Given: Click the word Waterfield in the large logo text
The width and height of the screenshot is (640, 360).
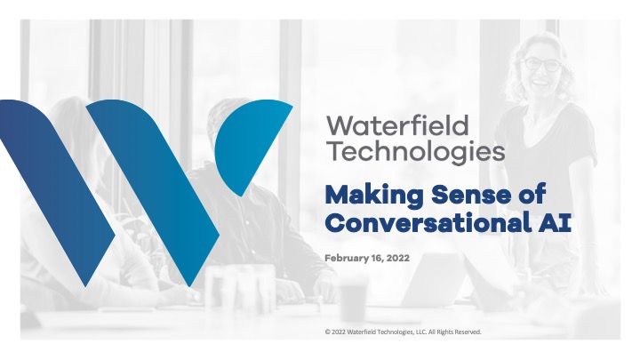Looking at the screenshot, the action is [x=397, y=125].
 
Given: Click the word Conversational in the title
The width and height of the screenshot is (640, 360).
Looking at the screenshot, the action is [x=428, y=223].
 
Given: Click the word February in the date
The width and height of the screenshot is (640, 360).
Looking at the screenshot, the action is [x=346, y=258].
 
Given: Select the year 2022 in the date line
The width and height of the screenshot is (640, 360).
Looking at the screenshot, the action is [x=398, y=258].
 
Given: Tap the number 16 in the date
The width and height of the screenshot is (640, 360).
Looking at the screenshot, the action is [x=377, y=258].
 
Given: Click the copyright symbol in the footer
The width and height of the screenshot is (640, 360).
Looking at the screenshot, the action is [x=327, y=332].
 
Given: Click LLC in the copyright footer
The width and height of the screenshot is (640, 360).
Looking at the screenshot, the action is [x=420, y=332].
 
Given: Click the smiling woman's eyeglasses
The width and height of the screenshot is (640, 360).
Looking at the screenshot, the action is [x=540, y=65].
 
